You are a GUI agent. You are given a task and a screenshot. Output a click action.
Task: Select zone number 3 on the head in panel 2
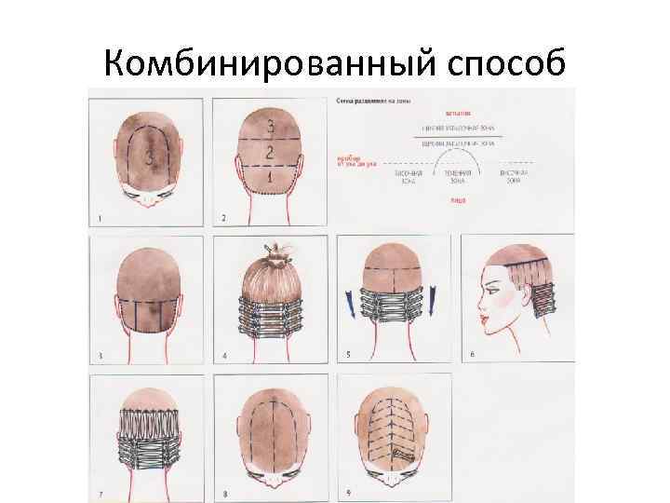point(270,126)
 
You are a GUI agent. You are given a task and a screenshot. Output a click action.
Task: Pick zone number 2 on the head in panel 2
point(269,151)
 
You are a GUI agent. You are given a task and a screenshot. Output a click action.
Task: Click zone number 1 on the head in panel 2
point(269,175)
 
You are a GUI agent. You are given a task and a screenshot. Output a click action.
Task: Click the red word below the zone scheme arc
point(458,199)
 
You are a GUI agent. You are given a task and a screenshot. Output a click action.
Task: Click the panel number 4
point(224,356)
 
